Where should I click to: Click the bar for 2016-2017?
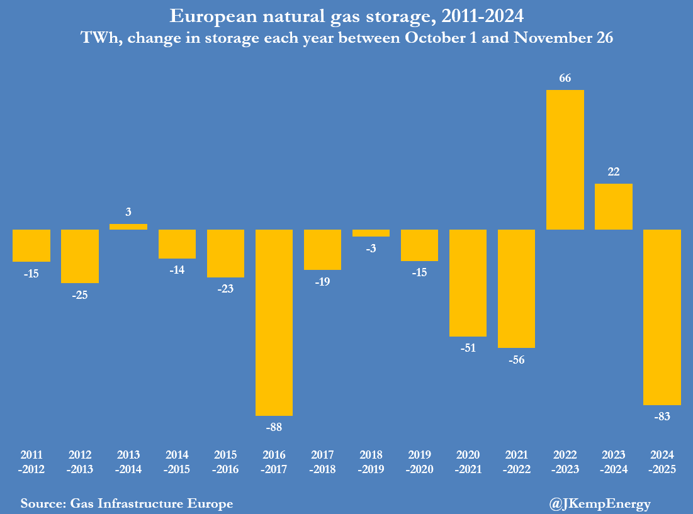click(x=274, y=322)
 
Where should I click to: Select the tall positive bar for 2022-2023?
click(x=565, y=160)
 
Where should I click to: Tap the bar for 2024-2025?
click(x=662, y=316)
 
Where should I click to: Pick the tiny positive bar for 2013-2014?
click(x=128, y=226)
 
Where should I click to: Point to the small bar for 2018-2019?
click(x=371, y=233)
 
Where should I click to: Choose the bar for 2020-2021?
click(x=468, y=282)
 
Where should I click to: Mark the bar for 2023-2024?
click(x=614, y=206)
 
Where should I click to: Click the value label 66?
click(x=565, y=78)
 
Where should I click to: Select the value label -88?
click(x=274, y=427)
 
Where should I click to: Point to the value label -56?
click(x=516, y=360)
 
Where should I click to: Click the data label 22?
click(x=614, y=172)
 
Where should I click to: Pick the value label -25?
click(x=79, y=294)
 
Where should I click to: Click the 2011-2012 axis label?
click(x=31, y=462)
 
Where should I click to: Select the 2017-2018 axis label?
click(x=322, y=462)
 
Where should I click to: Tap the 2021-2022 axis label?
click(x=516, y=462)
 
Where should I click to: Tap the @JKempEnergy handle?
click(x=600, y=503)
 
